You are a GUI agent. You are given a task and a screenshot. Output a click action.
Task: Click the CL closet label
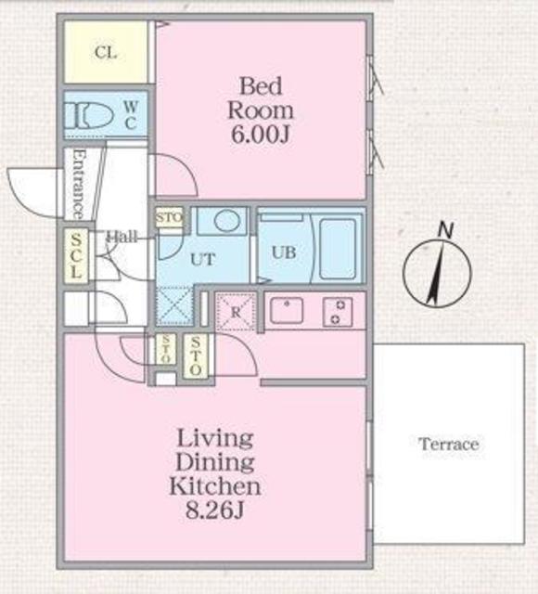coord(105,52)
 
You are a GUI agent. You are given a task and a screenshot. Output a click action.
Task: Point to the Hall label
coord(122,237)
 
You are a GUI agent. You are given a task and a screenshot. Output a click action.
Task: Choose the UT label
coord(202,260)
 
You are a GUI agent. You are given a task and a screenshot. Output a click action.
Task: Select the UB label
coord(283,251)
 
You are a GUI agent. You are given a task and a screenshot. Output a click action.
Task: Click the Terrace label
coord(448,445)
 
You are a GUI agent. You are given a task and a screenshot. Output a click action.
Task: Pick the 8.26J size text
coord(214,509)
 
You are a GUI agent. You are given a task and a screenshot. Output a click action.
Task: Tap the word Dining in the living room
coord(214,461)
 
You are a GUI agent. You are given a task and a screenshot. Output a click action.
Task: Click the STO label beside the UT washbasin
coord(170,218)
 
